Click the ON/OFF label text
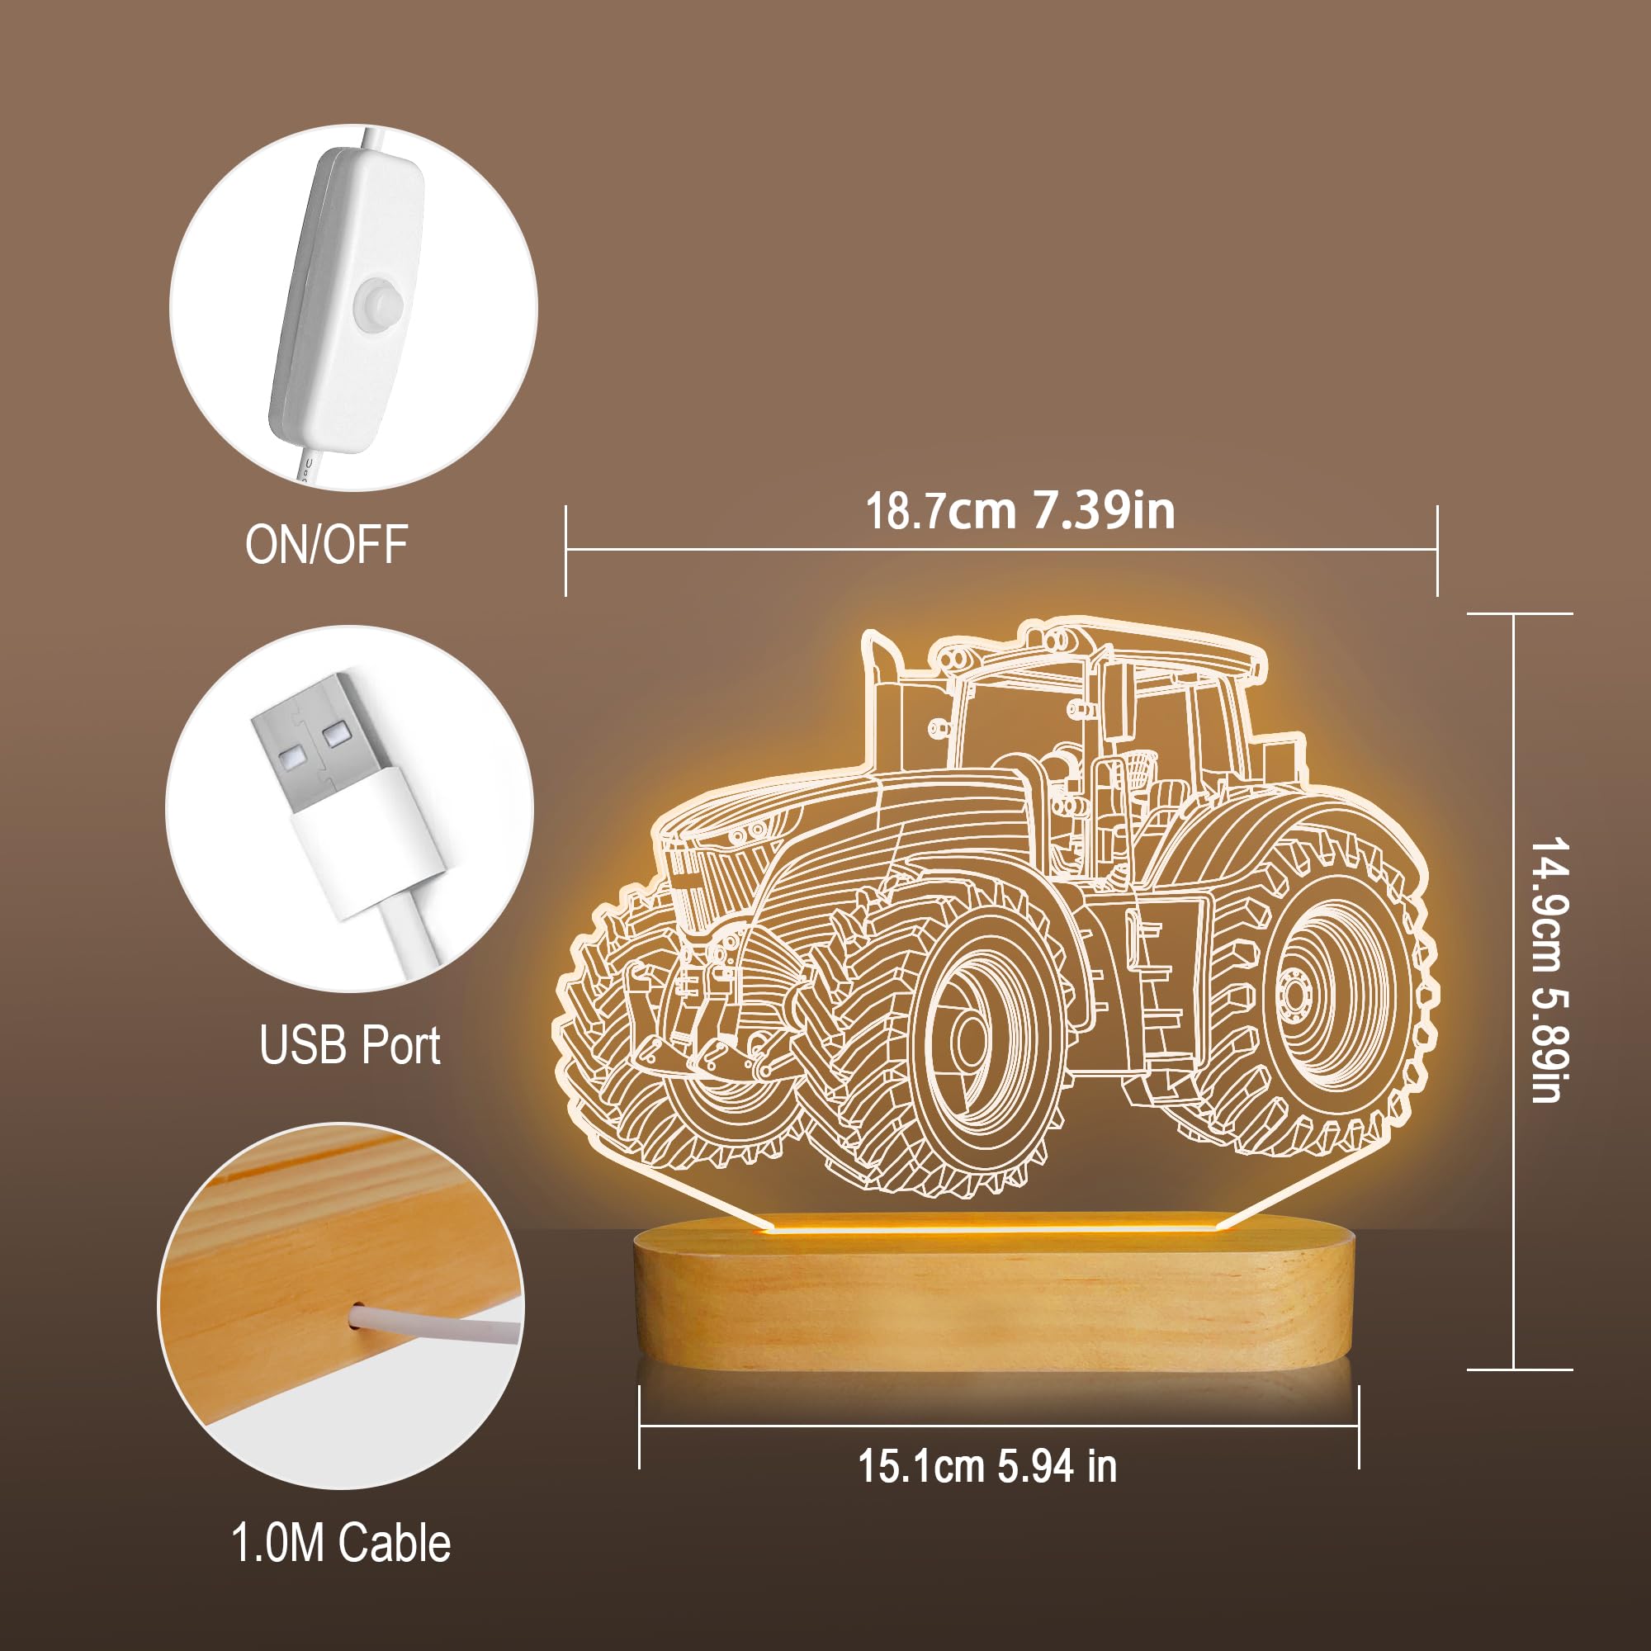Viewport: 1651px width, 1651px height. click(326, 543)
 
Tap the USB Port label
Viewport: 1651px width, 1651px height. click(349, 1044)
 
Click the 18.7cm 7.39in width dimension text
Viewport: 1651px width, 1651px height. click(1020, 510)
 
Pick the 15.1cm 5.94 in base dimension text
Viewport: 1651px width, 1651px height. click(988, 1465)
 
